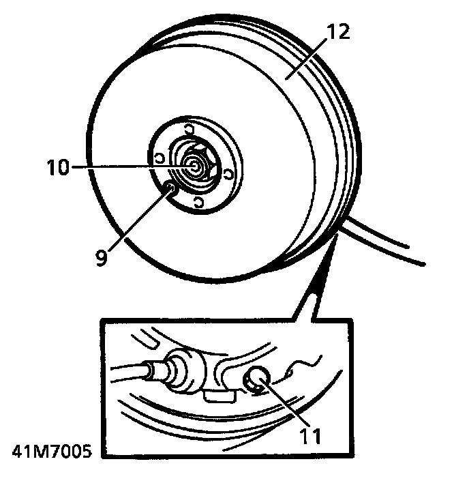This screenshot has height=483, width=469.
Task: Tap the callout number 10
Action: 58,167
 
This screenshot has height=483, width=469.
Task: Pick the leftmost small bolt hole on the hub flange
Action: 159,158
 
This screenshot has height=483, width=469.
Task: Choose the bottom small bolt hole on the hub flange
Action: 198,201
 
